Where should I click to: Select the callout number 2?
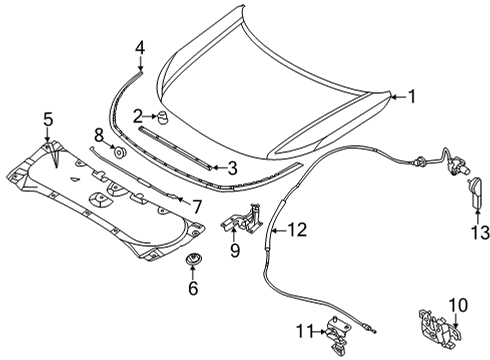coord(139,117)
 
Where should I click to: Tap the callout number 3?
coord(232,169)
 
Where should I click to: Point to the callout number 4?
coord(140,46)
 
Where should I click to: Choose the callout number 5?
coord(46,122)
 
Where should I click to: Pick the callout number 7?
coord(197,206)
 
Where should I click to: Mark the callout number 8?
coord(99,134)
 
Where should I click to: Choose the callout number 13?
coord(481,232)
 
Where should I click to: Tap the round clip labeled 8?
coord(118,153)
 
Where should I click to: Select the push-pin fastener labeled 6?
coord(192,263)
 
